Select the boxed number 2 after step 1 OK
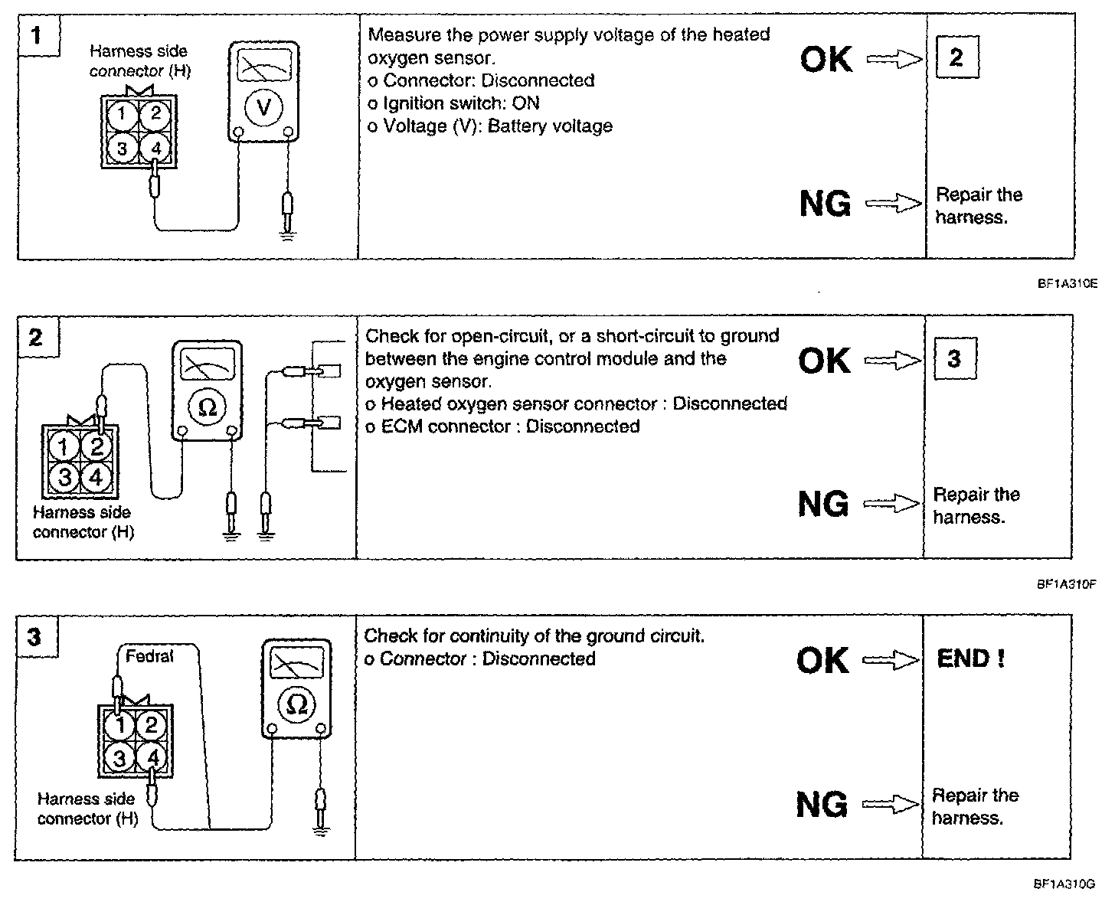pyautogui.click(x=956, y=57)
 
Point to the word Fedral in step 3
pyautogui.click(x=149, y=656)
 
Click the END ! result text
pyautogui.click(x=970, y=658)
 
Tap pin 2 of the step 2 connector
pyautogui.click(x=96, y=446)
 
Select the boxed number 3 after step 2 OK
pyautogui.click(x=954, y=358)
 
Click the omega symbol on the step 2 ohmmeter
pyautogui.click(x=207, y=407)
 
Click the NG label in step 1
pyautogui.click(x=825, y=204)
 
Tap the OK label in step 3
pyautogui.click(x=822, y=660)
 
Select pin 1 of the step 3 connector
pyautogui.click(x=119, y=724)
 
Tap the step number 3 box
pyautogui.click(x=35, y=637)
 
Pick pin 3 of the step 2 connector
pyautogui.click(x=65, y=478)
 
